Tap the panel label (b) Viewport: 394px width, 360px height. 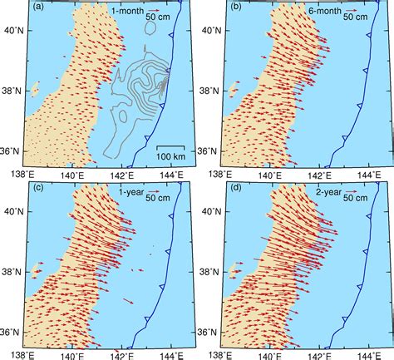pyautogui.click(x=234, y=10)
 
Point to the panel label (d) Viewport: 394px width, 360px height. pyautogui.click(x=234, y=190)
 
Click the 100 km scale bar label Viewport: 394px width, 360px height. pyautogui.click(x=170, y=158)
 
